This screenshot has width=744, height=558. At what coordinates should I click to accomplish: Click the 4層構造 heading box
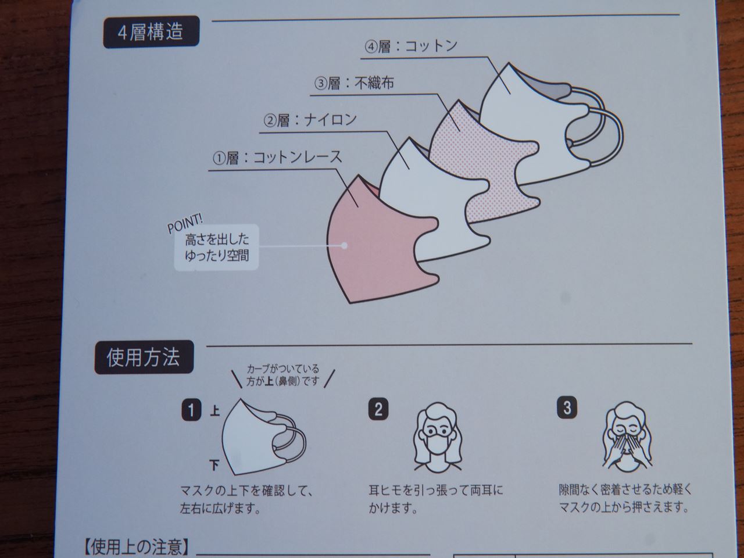point(151,33)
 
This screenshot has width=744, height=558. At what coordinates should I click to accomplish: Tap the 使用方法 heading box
point(143,357)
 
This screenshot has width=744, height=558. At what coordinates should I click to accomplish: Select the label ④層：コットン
point(411,46)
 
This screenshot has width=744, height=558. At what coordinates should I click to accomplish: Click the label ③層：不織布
point(354,84)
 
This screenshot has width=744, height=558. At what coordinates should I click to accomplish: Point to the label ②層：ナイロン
point(310,120)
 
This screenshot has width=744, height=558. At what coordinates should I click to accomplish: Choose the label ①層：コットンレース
point(277,158)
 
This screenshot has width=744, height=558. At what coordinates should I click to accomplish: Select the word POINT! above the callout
point(185,223)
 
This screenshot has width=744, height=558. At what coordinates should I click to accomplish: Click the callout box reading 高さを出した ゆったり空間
point(216,247)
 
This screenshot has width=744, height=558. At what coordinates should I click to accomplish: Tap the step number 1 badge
point(191,410)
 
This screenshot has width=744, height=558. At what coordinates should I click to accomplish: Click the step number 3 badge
point(567,407)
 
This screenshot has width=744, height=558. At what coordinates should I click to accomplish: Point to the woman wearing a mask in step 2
point(436,439)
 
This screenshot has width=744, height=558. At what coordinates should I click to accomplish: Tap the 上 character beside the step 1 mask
point(214,412)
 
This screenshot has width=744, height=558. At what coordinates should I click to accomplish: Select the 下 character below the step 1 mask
point(214,466)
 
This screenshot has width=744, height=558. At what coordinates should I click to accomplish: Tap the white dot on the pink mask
point(345,245)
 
